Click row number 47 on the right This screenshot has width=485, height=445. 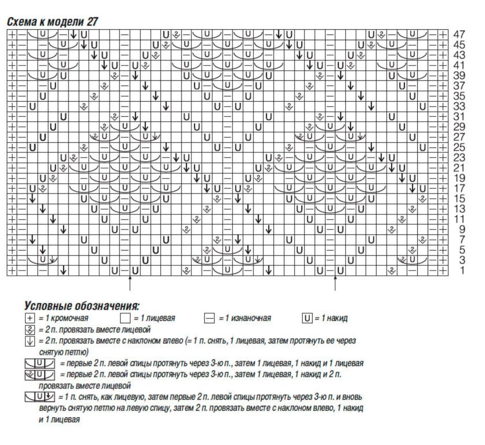click(459, 35)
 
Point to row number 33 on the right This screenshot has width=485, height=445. click(459, 107)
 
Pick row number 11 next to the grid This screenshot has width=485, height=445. click(459, 219)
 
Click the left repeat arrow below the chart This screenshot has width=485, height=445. click(129, 284)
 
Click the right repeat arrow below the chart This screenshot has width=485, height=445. click(335, 284)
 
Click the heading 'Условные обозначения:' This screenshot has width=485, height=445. click(82, 306)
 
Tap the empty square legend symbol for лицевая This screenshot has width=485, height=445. click(125, 318)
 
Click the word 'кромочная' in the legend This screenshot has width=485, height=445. click(70, 318)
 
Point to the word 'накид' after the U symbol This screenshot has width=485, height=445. click(337, 318)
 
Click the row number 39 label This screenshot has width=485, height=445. click(459, 76)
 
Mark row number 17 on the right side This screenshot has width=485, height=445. click(459, 188)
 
